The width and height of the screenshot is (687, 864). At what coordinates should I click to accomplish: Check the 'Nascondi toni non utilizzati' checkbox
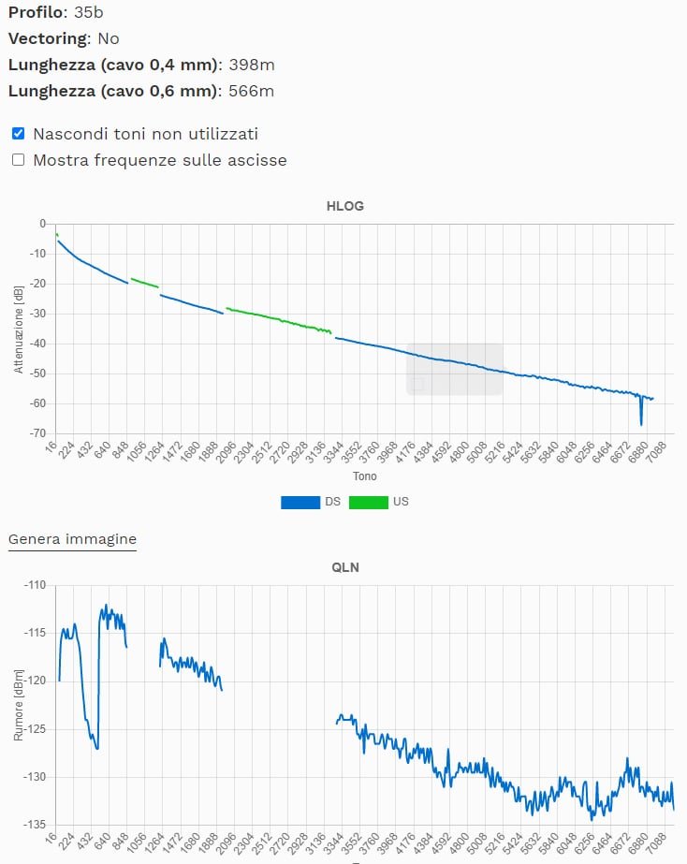coord(18,134)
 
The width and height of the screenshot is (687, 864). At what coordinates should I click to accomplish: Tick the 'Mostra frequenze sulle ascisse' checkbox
coord(18,160)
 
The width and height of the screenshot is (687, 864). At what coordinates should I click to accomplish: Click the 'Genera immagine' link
coord(72,539)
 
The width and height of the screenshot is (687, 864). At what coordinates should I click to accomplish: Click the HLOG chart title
coord(345,206)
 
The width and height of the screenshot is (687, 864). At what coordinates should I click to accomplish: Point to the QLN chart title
coord(345,567)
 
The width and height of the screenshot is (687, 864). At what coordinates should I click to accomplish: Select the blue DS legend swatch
coord(300,502)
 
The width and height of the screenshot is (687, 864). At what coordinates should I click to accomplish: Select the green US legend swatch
coord(369,502)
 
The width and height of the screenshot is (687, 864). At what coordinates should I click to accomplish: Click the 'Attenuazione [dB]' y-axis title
coord(18,329)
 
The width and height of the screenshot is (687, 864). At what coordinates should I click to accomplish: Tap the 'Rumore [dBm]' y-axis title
coord(18,704)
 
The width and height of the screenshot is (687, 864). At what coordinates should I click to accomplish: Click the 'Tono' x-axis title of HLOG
coord(364,476)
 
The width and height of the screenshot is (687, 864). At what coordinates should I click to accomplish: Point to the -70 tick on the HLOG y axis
coord(37,433)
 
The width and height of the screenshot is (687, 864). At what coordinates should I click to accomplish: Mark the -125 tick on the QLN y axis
coord(36,728)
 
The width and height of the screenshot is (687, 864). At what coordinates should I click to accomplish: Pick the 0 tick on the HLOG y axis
coord(42,224)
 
